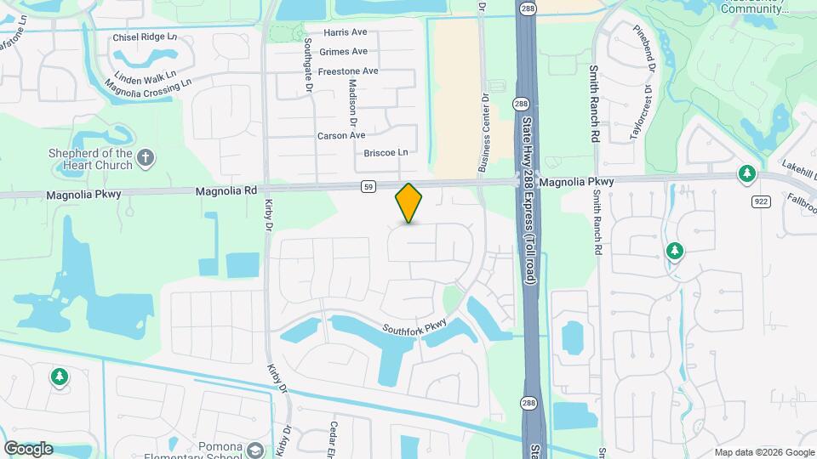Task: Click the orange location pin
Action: click(408, 202)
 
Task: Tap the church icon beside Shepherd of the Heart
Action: click(146, 157)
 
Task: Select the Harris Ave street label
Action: click(345, 32)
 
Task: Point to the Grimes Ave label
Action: click(343, 51)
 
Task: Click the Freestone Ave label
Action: click(348, 71)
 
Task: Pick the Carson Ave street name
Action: click(340, 135)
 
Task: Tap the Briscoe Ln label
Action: click(386, 153)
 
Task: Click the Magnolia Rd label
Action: click(226, 191)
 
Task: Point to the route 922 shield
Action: click(761, 201)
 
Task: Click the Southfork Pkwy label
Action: click(414, 327)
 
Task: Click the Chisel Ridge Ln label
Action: click(145, 37)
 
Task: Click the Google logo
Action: click(28, 448)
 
